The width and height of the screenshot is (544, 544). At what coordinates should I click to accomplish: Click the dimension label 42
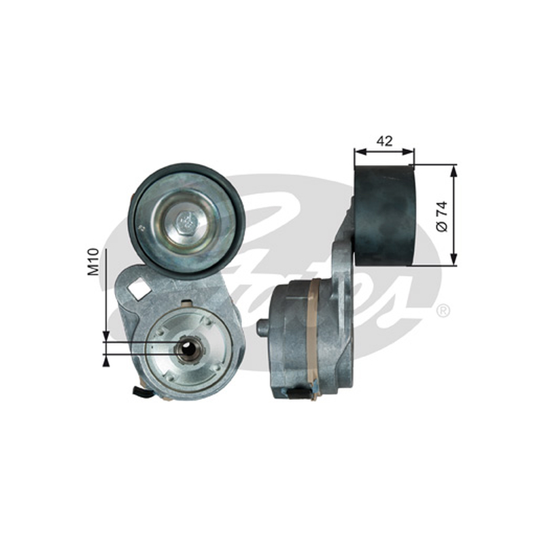click(384, 141)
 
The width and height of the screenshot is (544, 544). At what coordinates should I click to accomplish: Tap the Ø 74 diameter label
click(443, 217)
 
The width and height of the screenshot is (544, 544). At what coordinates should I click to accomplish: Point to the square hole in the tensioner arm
click(139, 287)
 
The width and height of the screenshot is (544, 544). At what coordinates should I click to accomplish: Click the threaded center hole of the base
click(188, 347)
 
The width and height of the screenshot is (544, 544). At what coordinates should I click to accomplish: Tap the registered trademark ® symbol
click(443, 310)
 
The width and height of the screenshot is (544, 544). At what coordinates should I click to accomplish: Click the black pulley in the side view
click(384, 216)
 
